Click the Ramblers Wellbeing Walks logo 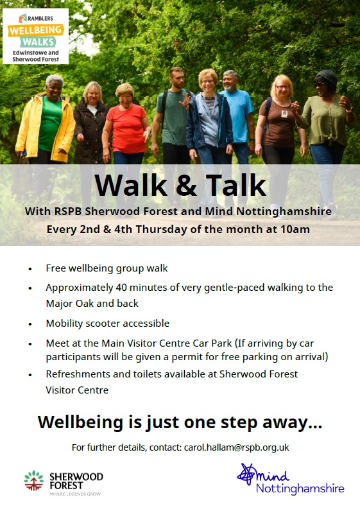click(35, 37)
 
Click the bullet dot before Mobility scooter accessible click(30, 324)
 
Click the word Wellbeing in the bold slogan click(79, 422)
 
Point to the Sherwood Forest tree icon click(34, 481)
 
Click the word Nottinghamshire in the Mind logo click(300, 489)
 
